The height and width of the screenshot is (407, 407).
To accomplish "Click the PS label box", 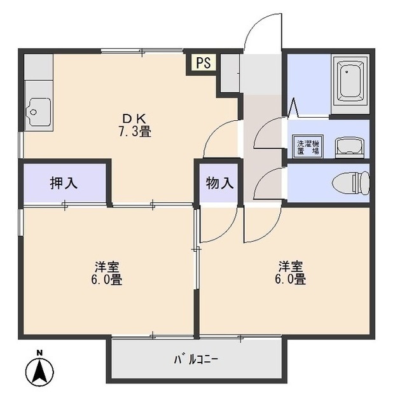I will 203,63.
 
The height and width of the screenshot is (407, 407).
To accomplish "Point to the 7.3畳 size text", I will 134,132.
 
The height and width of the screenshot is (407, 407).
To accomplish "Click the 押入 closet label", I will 64,183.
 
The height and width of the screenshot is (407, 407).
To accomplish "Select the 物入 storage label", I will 219,183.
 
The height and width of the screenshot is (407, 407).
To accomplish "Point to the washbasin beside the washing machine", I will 349,147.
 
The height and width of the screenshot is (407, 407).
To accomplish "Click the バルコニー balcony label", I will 197,359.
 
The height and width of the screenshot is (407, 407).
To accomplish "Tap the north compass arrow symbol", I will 39,370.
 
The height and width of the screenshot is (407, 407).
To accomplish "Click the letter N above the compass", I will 39,352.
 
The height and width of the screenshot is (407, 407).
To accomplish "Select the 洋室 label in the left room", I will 109,266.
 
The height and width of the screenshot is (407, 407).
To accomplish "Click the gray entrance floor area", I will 261,73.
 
